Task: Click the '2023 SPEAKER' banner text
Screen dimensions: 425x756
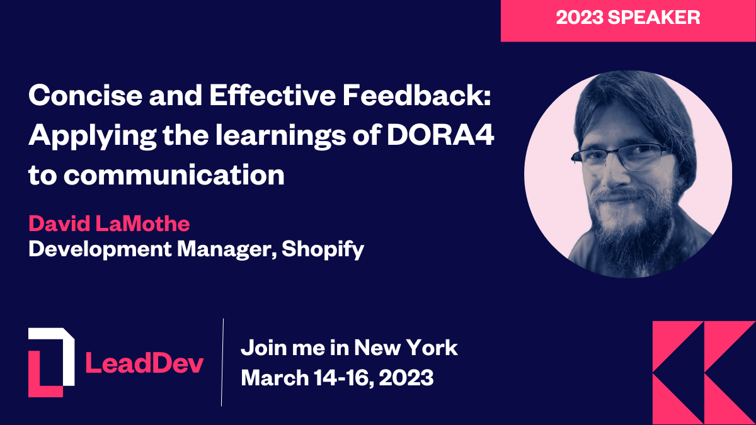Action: tap(627, 18)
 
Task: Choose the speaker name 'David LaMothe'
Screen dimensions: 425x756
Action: tap(108, 224)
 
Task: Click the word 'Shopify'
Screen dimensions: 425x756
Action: tap(323, 249)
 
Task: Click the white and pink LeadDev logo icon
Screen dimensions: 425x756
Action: tap(50, 362)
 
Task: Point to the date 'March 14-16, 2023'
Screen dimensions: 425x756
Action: tap(338, 378)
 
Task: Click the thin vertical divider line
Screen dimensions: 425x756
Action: tap(222, 362)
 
